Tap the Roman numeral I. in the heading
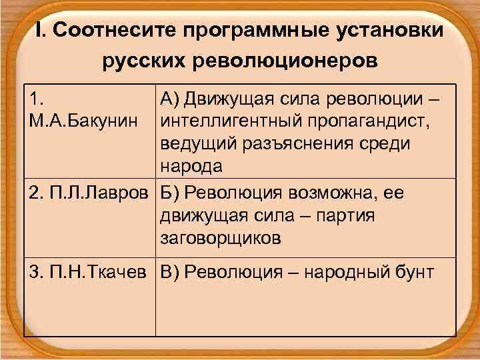pos(39,31)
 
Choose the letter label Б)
pos(170,193)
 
